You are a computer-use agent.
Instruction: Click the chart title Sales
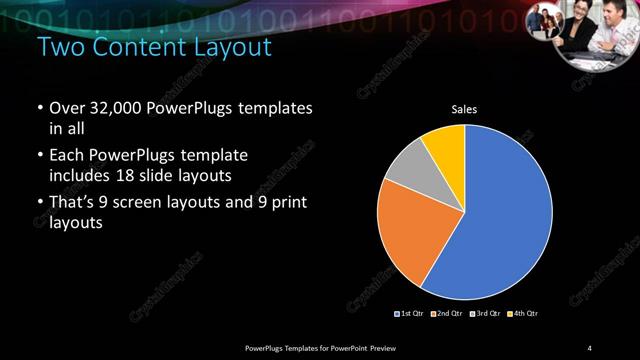[464, 109]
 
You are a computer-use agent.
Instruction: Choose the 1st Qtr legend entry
[413, 314]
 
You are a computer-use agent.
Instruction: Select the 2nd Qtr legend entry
[448, 314]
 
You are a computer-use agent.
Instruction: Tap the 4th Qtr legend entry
[523, 314]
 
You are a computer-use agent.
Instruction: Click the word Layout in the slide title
[228, 47]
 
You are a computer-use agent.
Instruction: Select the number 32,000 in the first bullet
[120, 108]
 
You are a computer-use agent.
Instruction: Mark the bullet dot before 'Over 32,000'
[39, 108]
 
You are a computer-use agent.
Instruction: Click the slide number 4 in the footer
[589, 347]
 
